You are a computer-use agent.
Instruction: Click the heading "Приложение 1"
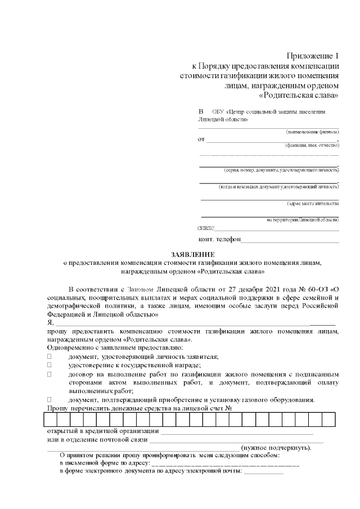(x=313, y=56)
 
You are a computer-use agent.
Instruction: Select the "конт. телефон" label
(x=219, y=240)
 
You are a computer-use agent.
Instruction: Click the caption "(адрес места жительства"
(x=313, y=203)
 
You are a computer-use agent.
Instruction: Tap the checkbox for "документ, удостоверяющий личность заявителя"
(x=49, y=357)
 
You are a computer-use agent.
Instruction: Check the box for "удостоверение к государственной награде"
(x=49, y=366)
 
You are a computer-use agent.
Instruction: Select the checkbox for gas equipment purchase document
(x=49, y=399)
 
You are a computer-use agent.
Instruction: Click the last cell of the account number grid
(x=328, y=420)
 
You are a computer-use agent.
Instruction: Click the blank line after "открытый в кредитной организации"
(x=237, y=432)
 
